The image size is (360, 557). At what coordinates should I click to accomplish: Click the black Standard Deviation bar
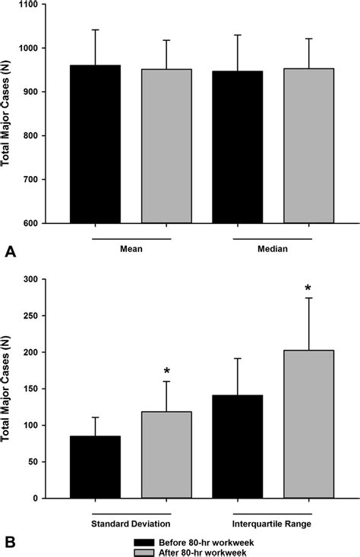coord(96,467)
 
